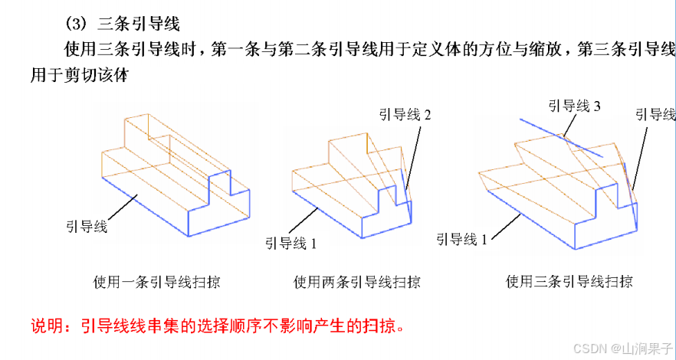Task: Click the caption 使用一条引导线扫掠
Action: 156,281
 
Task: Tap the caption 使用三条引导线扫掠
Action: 569,281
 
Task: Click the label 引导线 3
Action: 573,106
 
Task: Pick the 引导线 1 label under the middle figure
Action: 291,244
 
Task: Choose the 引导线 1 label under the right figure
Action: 462,239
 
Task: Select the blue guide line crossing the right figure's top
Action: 560,138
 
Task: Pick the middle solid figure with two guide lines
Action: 353,184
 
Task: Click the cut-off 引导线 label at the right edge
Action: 655,115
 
